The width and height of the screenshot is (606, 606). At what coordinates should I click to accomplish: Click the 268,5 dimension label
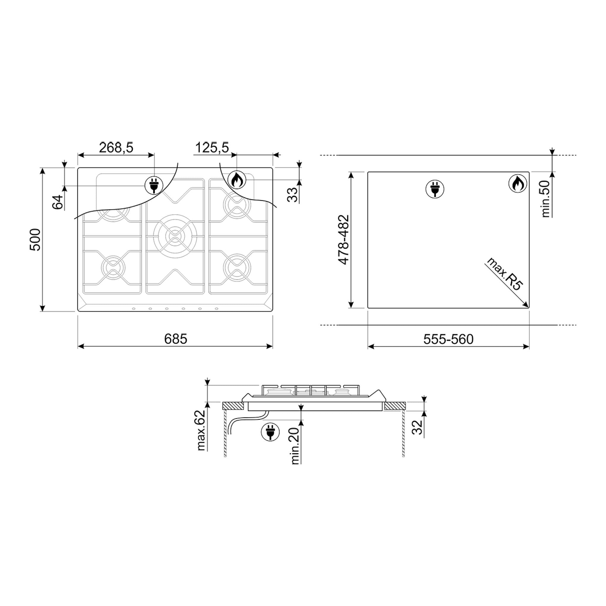(x=116, y=147)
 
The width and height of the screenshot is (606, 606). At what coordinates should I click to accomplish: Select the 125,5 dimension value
(x=212, y=147)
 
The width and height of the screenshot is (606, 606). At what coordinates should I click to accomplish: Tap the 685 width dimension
(x=176, y=339)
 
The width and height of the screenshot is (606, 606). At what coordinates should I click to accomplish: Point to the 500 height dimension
(x=35, y=240)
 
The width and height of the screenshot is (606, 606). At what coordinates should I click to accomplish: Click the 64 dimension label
(x=58, y=202)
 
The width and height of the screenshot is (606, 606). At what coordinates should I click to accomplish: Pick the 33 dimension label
(x=292, y=195)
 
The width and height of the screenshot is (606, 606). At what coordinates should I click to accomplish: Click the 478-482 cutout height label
(x=343, y=240)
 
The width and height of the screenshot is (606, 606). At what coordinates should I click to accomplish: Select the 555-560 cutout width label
(x=448, y=339)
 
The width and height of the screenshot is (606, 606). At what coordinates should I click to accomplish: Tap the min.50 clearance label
(x=545, y=199)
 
